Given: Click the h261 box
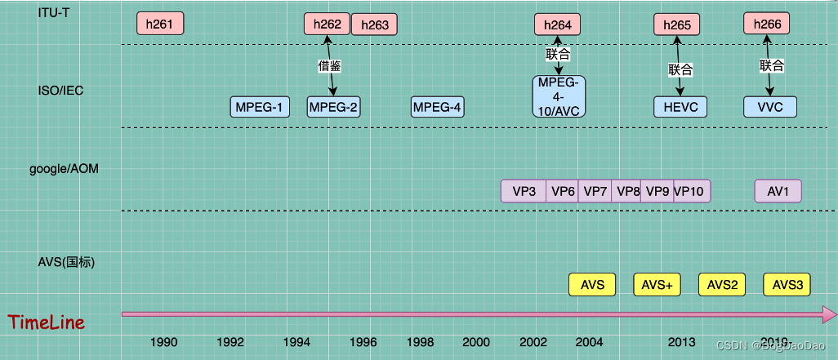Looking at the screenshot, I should click(159, 24).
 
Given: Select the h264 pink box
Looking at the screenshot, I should click(558, 24).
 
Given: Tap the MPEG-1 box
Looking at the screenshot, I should click(260, 107).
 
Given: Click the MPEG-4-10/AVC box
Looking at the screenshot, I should click(559, 96).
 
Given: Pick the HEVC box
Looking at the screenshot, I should click(680, 107).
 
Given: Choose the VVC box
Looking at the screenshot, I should click(769, 107).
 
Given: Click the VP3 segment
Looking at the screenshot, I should click(524, 191).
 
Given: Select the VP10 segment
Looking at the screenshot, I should click(693, 191).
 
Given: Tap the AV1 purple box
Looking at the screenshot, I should click(778, 191).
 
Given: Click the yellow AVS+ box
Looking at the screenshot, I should click(657, 285).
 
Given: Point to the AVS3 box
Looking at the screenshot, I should click(787, 285).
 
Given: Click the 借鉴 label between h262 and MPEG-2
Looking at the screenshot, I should click(329, 65).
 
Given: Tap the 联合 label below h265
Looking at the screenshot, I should click(680, 69).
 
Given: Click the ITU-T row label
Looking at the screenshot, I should click(53, 11).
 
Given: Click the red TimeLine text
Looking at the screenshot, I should click(47, 322).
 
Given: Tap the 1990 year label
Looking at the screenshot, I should click(164, 341).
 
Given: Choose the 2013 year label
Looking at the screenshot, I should click(682, 341).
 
